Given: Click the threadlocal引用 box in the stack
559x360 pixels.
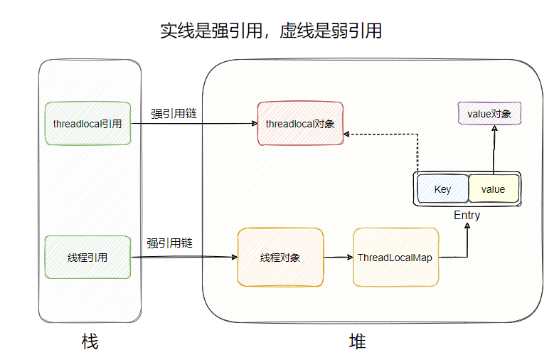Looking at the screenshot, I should pyautogui.click(x=87, y=123).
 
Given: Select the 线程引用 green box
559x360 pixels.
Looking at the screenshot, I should pyautogui.click(x=87, y=258).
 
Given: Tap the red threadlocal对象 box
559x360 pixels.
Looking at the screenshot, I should pyautogui.click(x=299, y=123).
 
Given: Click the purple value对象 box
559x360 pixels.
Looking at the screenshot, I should pyautogui.click(x=490, y=113).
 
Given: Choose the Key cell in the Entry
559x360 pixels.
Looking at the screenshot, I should pyautogui.click(x=442, y=189).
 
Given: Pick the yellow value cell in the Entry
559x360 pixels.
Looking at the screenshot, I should pyautogui.click(x=493, y=189).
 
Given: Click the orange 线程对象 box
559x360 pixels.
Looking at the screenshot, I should pyautogui.click(x=280, y=258).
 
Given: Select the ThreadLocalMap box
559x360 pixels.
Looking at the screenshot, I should pyautogui.click(x=395, y=258).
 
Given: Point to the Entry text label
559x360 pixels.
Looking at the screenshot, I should pyautogui.click(x=467, y=216).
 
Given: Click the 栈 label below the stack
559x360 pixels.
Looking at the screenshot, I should pyautogui.click(x=90, y=342).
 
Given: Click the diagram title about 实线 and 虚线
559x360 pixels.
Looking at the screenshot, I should pyautogui.click(x=271, y=31).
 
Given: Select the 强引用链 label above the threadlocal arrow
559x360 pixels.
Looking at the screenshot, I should pyautogui.click(x=174, y=113).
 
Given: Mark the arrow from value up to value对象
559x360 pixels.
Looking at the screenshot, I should pyautogui.click(x=493, y=149).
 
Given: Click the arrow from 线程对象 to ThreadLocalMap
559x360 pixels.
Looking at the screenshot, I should pyautogui.click(x=338, y=258).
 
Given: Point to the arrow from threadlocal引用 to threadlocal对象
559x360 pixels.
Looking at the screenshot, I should pyautogui.click(x=193, y=124).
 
